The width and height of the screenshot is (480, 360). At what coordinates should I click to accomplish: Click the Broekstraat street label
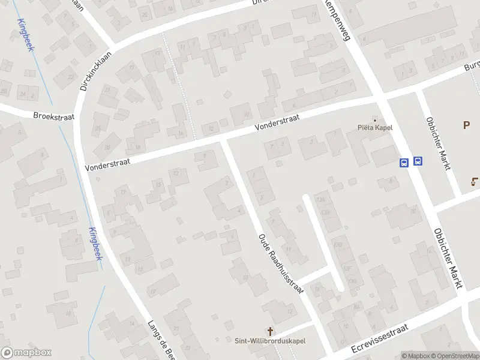(53, 116)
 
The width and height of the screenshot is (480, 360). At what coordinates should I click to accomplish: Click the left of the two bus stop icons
(404, 162)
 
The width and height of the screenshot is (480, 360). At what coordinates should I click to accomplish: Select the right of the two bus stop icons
(418, 161)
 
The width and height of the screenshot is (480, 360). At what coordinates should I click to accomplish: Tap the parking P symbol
(466, 125)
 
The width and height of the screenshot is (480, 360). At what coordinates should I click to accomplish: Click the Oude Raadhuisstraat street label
(281, 262)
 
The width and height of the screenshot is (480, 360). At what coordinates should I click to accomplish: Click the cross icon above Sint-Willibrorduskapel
(270, 331)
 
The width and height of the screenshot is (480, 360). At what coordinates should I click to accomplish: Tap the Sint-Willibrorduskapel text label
(270, 341)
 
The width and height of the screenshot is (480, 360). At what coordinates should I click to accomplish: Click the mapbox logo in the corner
(26, 353)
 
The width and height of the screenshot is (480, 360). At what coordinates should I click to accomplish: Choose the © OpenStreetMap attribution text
(452, 356)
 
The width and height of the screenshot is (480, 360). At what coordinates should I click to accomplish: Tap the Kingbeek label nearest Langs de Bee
(95, 244)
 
